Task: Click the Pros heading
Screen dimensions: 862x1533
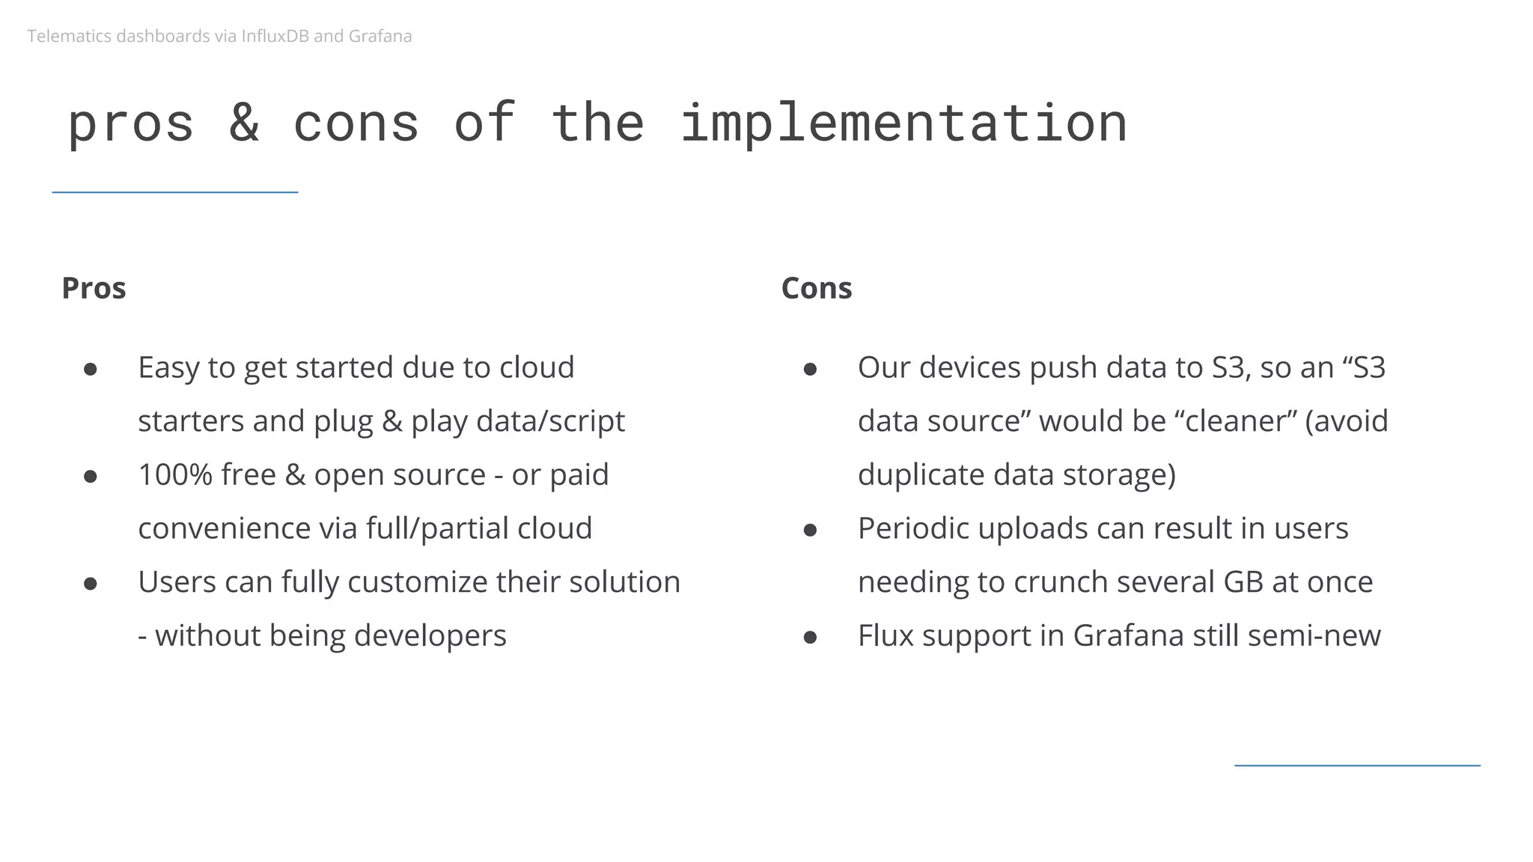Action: tap(94, 288)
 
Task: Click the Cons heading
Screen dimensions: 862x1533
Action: tap(816, 288)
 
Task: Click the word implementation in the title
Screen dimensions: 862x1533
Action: tap(903, 123)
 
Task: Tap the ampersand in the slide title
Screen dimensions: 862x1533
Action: tap(244, 123)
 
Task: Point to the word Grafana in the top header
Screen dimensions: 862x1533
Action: tap(380, 36)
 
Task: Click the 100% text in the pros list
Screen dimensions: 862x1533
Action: tap(175, 474)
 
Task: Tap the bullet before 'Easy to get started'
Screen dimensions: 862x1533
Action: tap(91, 369)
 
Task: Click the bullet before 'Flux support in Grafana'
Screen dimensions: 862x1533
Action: tap(810, 637)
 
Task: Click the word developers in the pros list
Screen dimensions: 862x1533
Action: tap(430, 635)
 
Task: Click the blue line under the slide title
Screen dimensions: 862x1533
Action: tap(175, 192)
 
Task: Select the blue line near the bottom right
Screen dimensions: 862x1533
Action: tap(1356, 765)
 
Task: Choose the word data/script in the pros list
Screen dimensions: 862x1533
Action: tap(550, 421)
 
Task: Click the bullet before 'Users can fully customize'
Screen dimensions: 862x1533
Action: tap(91, 584)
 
